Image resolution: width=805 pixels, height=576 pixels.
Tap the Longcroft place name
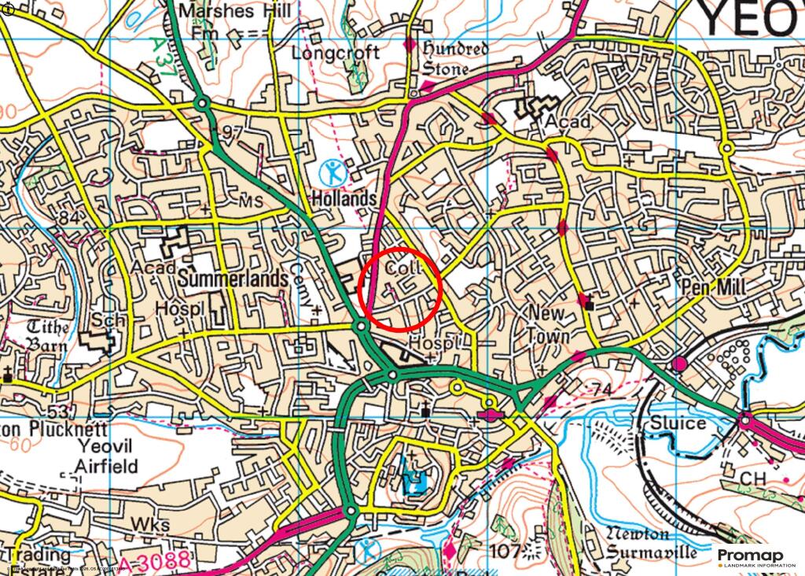click(x=336, y=54)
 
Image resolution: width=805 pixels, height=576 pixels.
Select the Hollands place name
click(x=344, y=199)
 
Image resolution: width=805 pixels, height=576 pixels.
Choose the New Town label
click(x=548, y=323)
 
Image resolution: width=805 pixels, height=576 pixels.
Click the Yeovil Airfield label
click(x=105, y=456)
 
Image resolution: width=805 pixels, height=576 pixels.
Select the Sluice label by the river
click(x=678, y=423)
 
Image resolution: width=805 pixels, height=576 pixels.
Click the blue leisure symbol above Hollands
click(x=335, y=171)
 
